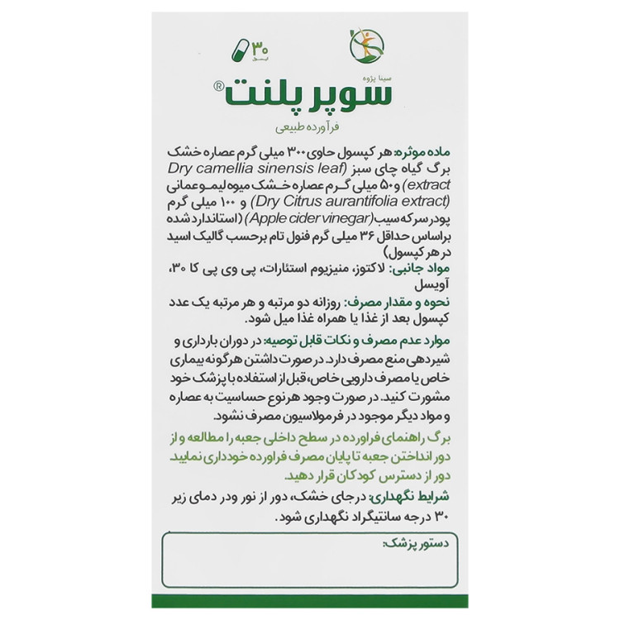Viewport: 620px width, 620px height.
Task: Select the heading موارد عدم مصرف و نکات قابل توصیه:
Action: coord(368,341)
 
